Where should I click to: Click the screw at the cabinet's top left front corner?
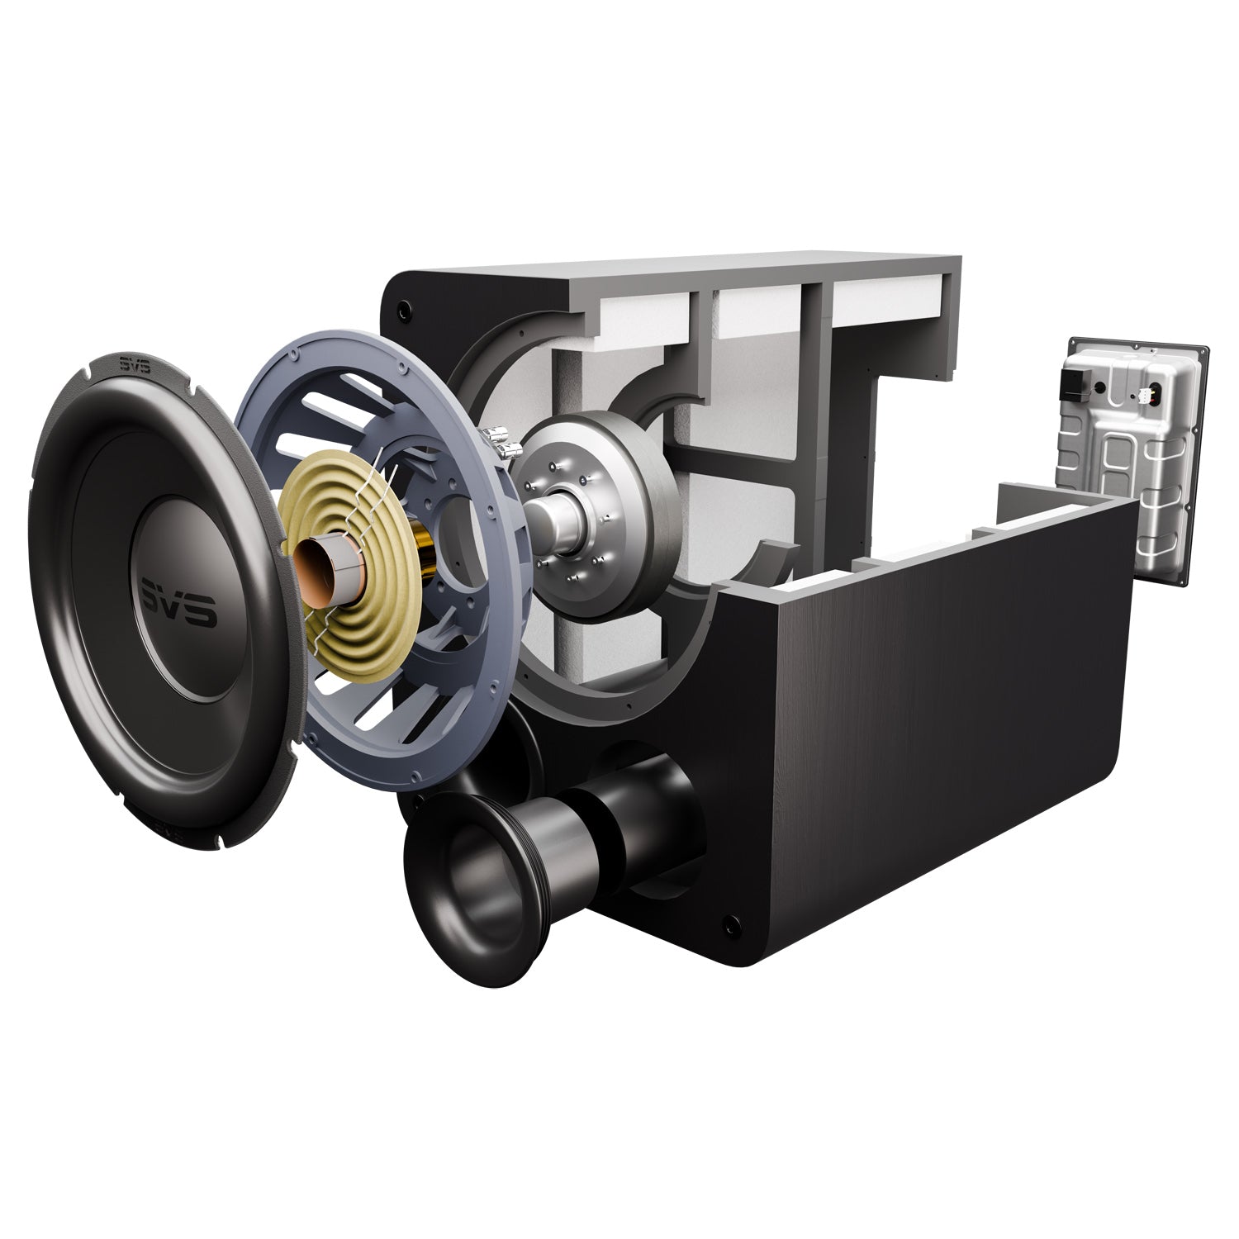(402, 312)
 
